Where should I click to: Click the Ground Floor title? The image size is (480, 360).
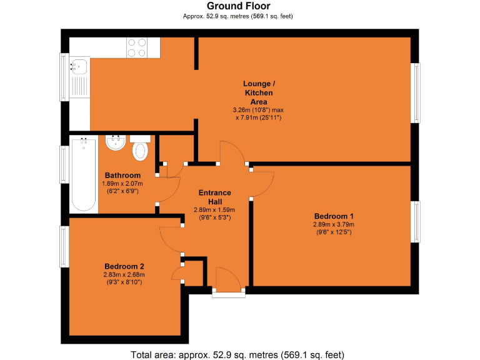coord(240,6)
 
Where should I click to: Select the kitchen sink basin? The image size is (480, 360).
coord(80,64)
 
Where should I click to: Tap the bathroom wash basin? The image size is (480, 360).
coord(116,143)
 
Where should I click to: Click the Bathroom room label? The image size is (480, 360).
coord(122,176)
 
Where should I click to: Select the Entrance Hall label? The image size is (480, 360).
coord(215,197)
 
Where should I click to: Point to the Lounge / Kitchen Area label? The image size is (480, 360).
coord(259,92)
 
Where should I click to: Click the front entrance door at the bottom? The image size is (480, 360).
coord(228,280)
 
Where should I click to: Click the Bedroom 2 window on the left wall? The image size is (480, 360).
coord(64,247)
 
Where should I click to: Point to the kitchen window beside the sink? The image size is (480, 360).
coord(64,76)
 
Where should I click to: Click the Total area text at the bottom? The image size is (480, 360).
coord(237,354)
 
